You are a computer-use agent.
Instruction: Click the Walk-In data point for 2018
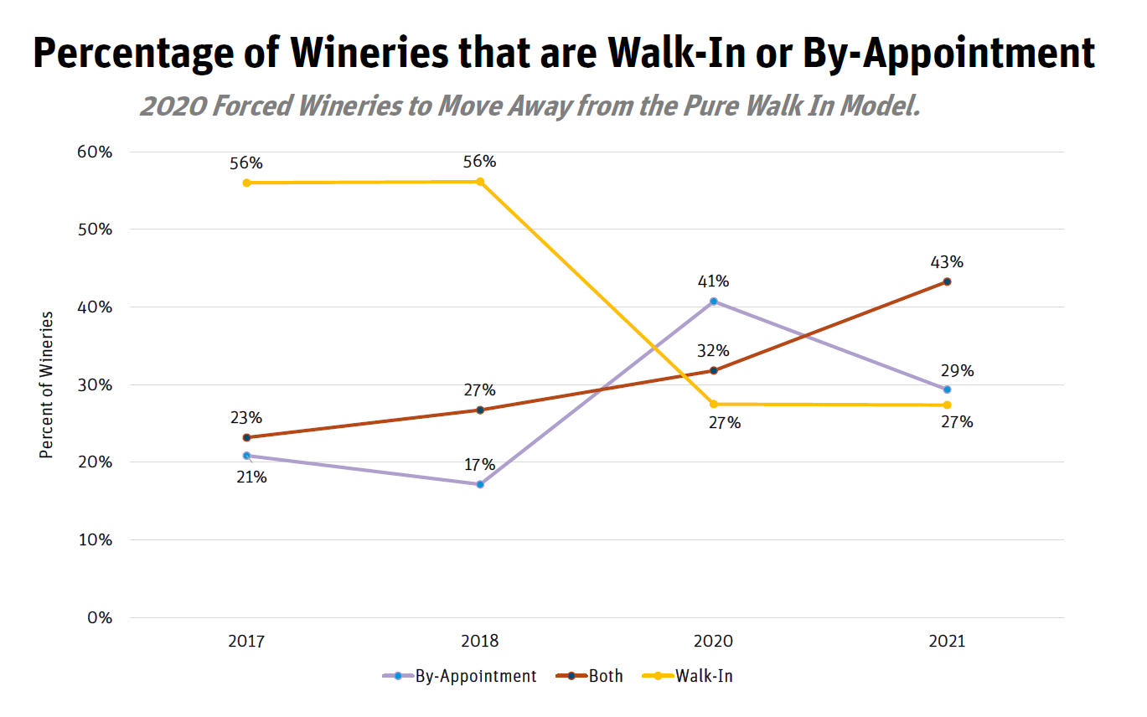pos(480,182)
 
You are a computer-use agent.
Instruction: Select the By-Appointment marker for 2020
pos(714,301)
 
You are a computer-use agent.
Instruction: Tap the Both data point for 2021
pos(948,281)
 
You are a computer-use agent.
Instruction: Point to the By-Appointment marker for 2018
pos(480,484)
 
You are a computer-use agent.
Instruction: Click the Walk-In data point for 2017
pos(246,183)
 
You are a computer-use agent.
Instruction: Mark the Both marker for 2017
pos(246,437)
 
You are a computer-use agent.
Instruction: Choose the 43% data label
pos(947,262)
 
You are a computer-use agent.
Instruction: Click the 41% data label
pos(713,281)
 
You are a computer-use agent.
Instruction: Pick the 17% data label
pos(480,465)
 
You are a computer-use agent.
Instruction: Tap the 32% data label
pos(713,350)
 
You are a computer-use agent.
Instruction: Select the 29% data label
pos(957,371)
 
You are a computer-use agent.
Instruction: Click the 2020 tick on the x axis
pos(713,642)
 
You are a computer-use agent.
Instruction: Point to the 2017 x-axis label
pos(246,642)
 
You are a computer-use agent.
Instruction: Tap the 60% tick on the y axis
pos(95,152)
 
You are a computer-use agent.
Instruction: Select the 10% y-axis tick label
pos(95,540)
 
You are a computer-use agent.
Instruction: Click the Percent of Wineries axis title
pos(47,384)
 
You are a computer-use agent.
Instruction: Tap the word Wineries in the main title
pos(372,53)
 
